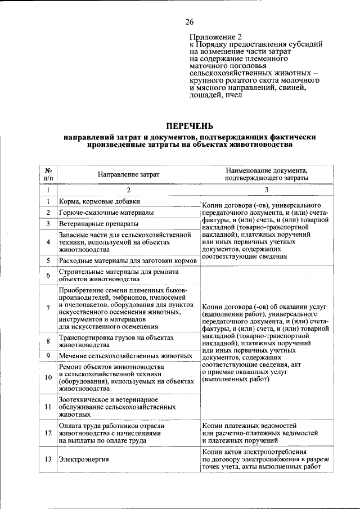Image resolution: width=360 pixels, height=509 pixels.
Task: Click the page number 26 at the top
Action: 190,22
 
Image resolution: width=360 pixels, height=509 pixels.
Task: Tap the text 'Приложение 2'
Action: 213,37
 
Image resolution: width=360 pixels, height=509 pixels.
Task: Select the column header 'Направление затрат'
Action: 128,174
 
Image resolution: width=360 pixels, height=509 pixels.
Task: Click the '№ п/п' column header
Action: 48,174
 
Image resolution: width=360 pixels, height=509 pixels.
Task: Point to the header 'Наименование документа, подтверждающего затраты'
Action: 266,174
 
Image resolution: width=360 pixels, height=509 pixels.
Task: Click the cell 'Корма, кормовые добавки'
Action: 100,201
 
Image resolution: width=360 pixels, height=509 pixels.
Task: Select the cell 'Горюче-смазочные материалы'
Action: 106,213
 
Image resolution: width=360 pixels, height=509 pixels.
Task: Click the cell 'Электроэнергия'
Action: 84,460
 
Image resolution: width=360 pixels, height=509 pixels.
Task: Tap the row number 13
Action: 48,460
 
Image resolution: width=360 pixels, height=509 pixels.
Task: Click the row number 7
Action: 48,308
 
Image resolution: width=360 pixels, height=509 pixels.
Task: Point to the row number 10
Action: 48,377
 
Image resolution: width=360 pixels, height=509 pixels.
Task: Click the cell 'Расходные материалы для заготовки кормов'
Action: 128,261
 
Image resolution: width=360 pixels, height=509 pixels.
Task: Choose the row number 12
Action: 48,434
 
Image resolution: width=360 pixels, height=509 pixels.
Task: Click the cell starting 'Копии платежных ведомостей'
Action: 260,434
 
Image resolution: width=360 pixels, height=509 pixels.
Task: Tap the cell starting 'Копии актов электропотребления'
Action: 265,460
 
